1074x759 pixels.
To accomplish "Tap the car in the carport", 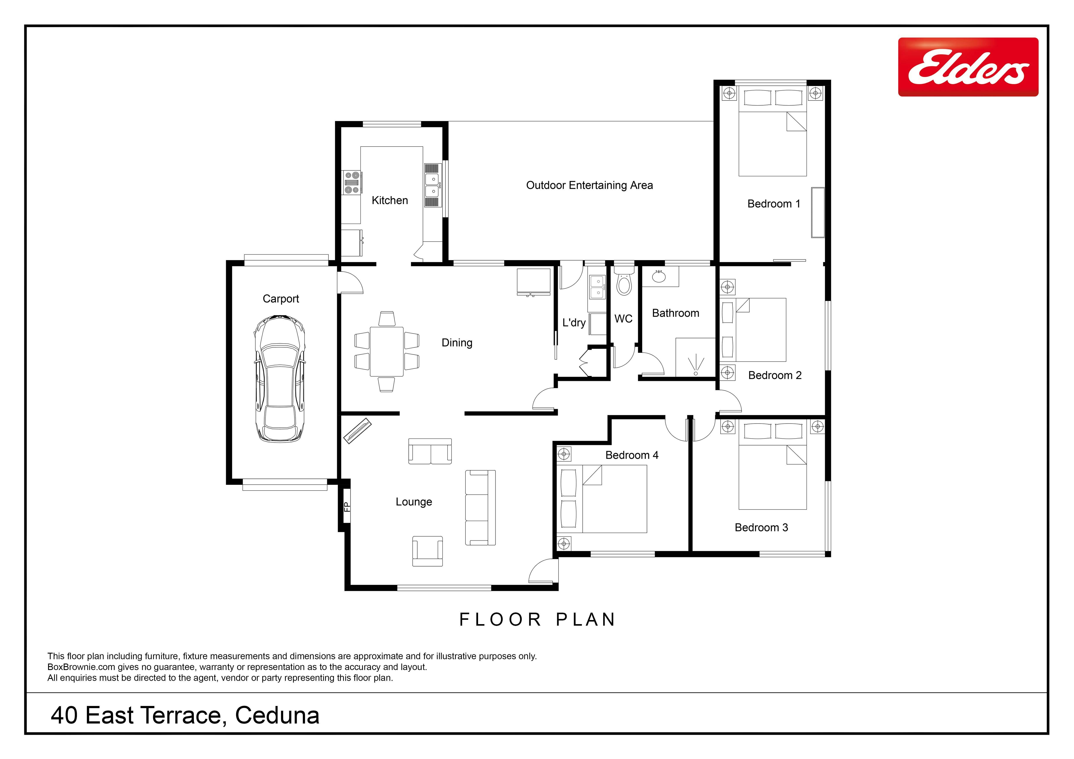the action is [x=280, y=379].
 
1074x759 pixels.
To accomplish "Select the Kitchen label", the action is [x=390, y=200].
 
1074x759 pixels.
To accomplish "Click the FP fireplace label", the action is [x=347, y=507].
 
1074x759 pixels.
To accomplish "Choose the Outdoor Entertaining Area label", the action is [x=589, y=186].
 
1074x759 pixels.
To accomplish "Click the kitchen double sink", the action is [x=433, y=185].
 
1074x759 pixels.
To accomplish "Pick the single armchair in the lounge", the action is [x=428, y=551].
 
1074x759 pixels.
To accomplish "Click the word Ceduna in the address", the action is [x=277, y=715].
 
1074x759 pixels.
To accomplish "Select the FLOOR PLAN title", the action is [x=537, y=620].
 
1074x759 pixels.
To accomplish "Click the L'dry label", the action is [x=574, y=323].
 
